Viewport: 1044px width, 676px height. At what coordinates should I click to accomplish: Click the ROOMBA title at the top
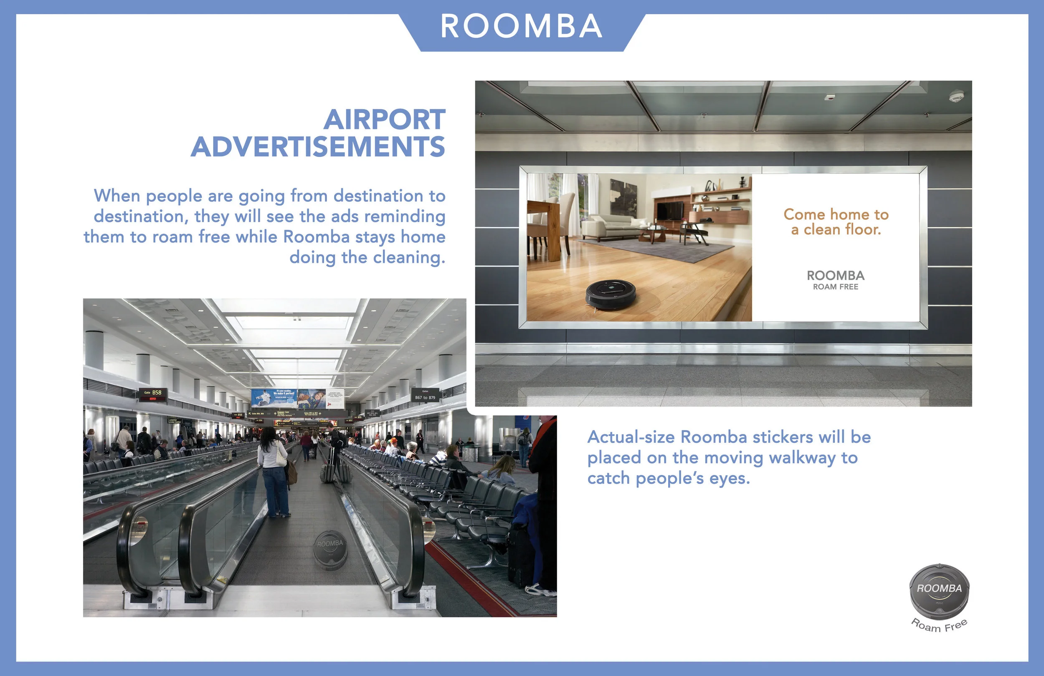click(521, 26)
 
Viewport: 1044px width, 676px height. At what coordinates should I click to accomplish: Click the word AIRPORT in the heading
click(384, 119)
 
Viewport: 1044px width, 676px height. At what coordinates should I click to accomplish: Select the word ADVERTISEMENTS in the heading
click(318, 147)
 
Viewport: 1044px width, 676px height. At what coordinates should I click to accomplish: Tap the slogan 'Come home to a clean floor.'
click(836, 222)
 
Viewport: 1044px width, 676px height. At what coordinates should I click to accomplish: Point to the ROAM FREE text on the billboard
click(836, 287)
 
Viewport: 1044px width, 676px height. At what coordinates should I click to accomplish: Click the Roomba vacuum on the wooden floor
click(611, 293)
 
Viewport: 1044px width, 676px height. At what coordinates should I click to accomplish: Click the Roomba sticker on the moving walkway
click(330, 549)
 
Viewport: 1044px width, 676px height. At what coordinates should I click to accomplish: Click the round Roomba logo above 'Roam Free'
click(939, 590)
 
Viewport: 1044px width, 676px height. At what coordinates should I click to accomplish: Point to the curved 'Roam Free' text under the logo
click(939, 626)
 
